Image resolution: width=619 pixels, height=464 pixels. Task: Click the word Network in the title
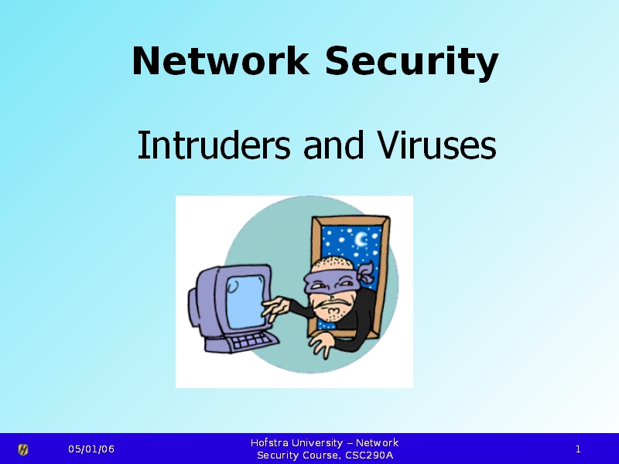[221, 60]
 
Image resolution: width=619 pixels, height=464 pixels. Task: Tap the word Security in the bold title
[412, 63]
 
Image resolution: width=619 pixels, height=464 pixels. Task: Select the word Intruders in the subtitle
[214, 145]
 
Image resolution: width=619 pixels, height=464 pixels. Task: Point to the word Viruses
[436, 145]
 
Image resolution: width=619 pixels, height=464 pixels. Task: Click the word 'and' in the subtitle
[333, 145]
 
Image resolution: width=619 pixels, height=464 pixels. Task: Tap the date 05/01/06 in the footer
[91, 449]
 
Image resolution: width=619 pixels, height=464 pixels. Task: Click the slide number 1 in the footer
[578, 449]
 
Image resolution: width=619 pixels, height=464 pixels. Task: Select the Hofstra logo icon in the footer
[23, 449]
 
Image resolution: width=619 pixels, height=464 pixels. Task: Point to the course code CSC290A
[369, 455]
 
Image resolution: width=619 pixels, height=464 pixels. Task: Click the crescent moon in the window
[361, 239]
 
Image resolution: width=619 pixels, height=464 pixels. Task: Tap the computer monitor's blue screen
[245, 302]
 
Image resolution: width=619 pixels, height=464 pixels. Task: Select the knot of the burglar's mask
[365, 272]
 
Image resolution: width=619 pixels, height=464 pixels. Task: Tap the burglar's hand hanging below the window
[323, 344]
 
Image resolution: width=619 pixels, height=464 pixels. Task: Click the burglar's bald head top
[331, 264]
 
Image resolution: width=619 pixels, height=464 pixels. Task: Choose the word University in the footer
[317, 443]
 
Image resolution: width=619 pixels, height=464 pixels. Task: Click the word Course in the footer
[319, 455]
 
